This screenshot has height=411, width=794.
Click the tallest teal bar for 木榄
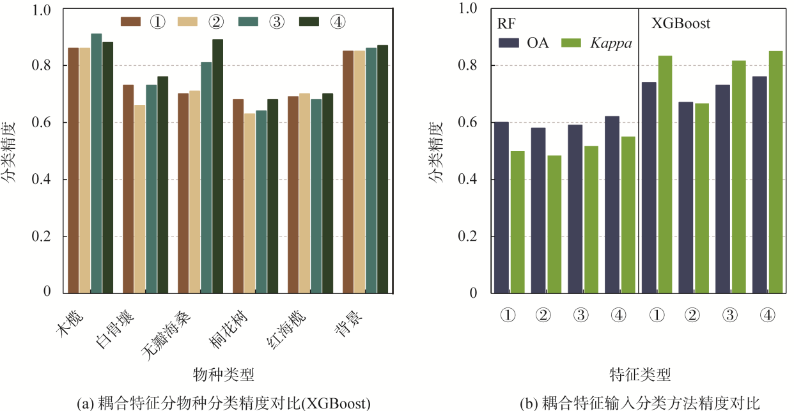(x=96, y=163)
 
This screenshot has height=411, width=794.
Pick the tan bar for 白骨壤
(x=139, y=199)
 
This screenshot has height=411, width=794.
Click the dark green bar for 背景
(x=382, y=169)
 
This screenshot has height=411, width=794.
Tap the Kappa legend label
(x=611, y=43)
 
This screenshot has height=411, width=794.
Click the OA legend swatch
(x=510, y=43)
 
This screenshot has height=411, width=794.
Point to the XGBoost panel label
(x=681, y=24)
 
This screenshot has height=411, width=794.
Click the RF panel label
(x=506, y=24)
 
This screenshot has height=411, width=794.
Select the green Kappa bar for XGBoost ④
(x=776, y=172)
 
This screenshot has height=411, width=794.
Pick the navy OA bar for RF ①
(x=501, y=207)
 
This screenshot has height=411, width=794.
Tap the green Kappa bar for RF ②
(x=554, y=224)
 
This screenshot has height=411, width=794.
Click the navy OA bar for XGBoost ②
(x=685, y=198)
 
